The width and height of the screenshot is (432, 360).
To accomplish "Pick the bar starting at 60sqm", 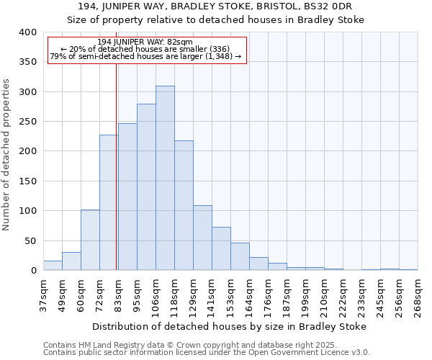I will (90, 240).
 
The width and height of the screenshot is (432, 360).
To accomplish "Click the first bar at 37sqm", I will (53, 266).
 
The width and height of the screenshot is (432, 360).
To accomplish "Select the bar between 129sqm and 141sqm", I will (202, 238).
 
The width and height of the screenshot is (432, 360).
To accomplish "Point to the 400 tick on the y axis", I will (27, 32).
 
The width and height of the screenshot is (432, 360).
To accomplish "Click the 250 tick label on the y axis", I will (27, 122).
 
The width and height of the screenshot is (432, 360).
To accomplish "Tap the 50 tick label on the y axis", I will (30, 240).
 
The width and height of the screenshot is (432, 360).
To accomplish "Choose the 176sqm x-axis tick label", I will (269, 294).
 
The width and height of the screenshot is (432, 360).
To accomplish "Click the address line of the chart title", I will (216, 6).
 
